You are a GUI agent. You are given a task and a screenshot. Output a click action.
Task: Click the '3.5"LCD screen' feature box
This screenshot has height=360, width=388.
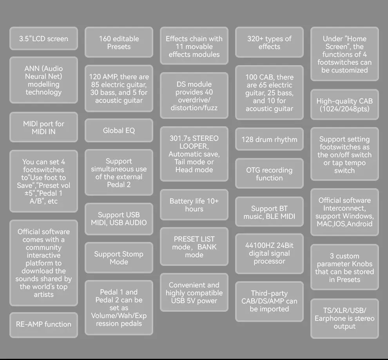pos(44,38)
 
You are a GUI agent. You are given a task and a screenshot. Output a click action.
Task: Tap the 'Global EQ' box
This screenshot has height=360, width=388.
pos(119,131)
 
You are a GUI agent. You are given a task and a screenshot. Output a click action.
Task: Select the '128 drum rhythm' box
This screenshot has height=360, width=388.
pos(269,139)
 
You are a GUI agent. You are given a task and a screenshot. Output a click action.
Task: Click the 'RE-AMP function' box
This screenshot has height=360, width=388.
pos(44,325)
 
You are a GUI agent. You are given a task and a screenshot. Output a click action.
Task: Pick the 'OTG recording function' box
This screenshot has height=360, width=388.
pos(269,174)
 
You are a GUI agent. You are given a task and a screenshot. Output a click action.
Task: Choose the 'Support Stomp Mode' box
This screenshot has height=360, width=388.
pos(119,258)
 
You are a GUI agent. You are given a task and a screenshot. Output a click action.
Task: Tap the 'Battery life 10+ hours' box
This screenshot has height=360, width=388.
pos(194,205)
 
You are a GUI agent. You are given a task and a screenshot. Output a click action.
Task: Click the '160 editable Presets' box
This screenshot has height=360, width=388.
pos(119,42)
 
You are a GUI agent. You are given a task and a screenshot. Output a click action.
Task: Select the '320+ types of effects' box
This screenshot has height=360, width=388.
pos(269,42)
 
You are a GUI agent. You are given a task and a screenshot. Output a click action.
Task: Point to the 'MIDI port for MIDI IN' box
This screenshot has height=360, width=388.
pos(44,127)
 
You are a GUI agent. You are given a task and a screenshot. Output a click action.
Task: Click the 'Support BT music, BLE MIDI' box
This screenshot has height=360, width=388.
pos(269,212)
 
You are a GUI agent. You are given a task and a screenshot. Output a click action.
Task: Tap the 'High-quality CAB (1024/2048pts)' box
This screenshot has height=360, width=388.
pos(344,105)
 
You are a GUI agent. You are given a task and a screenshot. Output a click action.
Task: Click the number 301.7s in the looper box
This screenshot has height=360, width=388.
pos(179,138)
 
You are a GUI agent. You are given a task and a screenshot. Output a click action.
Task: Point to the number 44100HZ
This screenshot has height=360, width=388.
pos(260,245)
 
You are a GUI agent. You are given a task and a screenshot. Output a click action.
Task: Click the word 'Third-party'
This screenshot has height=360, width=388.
pos(269,293)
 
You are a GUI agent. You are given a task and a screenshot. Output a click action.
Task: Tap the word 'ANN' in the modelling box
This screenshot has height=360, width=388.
pos(32,68)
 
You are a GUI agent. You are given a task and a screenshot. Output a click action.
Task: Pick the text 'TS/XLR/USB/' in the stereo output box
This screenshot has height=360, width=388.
pos(344,311)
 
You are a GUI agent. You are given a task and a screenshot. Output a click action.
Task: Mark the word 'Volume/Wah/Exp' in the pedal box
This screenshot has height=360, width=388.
pos(119,316)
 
